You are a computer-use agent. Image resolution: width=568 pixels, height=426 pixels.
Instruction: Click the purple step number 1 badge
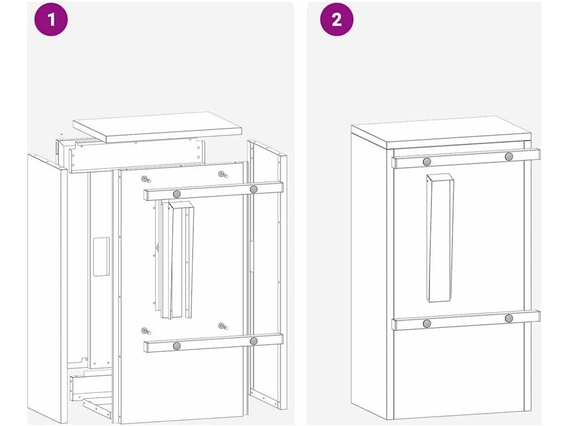[51, 19]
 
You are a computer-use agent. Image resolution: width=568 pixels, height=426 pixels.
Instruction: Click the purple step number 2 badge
[337, 19]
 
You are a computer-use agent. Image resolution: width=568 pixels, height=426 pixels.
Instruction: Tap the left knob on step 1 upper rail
[177, 194]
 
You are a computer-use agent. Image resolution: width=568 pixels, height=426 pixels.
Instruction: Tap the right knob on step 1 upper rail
[253, 189]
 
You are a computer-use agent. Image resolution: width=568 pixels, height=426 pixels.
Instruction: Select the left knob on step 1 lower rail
[177, 346]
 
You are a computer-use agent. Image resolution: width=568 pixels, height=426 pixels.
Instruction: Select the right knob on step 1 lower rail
[253, 341]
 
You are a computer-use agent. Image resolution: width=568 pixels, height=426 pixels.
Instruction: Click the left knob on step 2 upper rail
[427, 161]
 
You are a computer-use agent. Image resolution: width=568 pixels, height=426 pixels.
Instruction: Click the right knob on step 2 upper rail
[509, 157]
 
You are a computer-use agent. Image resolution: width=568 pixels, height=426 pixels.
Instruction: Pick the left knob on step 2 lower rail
[427, 323]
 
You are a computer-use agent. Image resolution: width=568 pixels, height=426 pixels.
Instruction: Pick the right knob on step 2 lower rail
[509, 319]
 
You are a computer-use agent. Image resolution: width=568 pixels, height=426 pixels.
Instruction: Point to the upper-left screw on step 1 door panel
[146, 179]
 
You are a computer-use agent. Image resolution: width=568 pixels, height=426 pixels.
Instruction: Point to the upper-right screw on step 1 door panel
[222, 175]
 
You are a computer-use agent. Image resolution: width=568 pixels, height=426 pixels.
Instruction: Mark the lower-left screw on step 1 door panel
[146, 331]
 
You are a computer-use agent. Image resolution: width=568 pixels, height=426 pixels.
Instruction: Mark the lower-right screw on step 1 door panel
[222, 326]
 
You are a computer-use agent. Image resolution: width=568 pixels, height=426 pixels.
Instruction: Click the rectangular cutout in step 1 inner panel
[102, 256]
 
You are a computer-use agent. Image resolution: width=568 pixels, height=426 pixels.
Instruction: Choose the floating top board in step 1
[157, 127]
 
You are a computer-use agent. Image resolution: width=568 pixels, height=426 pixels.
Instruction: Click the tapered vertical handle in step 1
[181, 260]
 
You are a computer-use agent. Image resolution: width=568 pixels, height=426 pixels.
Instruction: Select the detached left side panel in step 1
[47, 287]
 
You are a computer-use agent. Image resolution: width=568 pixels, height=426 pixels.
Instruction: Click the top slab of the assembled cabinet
[441, 133]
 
